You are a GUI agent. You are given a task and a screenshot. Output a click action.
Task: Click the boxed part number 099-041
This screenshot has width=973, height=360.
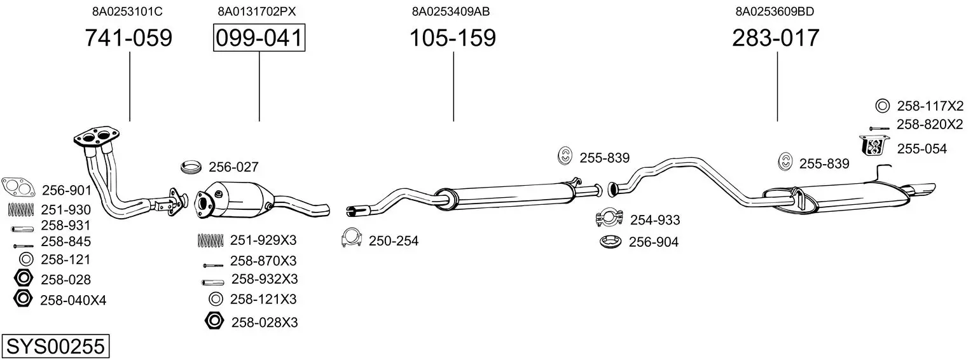pos(259,38)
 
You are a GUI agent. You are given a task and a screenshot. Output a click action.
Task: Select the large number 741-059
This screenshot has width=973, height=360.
pos(128,38)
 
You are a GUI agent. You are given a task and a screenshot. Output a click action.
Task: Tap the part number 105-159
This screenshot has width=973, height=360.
pos(452,38)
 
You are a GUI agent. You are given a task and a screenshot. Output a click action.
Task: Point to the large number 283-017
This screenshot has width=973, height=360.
pos(776,38)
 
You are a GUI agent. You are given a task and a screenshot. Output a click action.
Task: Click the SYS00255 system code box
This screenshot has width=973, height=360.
pos(55,347)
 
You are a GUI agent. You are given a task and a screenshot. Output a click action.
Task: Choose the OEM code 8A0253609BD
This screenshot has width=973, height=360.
pos(775,11)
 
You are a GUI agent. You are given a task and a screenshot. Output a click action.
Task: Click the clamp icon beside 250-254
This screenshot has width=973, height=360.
pos(352,237)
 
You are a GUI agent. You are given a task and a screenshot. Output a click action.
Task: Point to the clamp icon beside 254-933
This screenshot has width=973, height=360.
pos(609,218)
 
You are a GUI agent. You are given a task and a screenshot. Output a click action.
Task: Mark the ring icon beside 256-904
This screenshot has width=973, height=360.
pos(612,242)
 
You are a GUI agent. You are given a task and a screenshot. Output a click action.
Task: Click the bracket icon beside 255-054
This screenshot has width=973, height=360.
pos(874,146)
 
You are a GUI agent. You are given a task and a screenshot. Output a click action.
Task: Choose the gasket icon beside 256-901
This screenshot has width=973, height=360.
pos(18,188)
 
